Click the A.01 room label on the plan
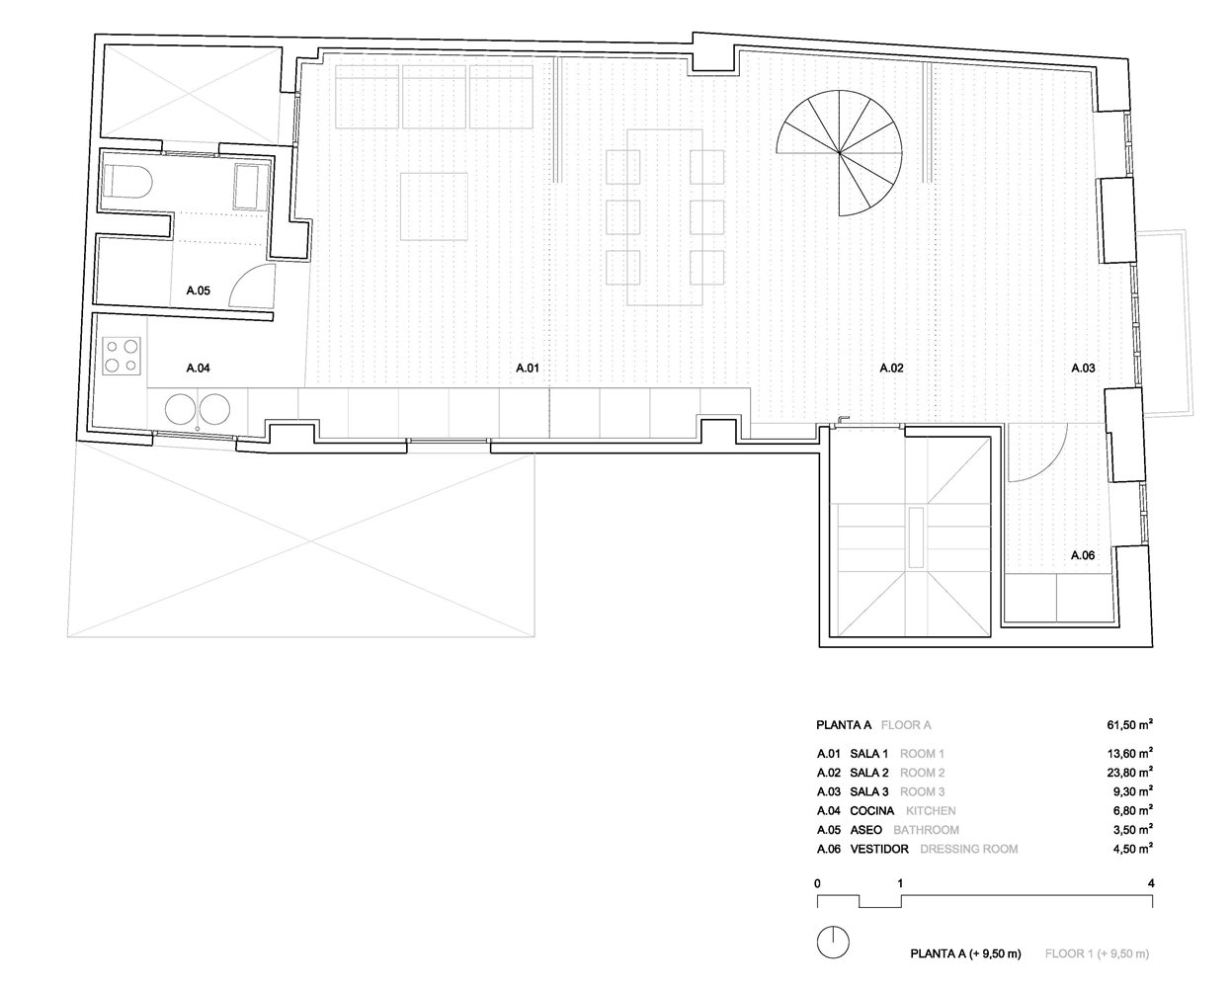(x=528, y=369)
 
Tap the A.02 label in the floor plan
(x=891, y=369)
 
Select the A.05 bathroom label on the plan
(x=198, y=290)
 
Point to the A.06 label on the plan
(x=1083, y=555)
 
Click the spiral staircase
(x=839, y=153)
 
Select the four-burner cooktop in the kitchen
(x=122, y=356)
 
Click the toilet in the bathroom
(x=127, y=182)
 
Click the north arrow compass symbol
(x=833, y=943)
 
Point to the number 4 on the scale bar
(x=1151, y=883)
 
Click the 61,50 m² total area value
(x=1129, y=724)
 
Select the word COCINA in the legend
(x=871, y=810)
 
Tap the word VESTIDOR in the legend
(x=878, y=849)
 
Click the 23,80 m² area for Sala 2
(x=1129, y=773)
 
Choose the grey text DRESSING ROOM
(x=968, y=849)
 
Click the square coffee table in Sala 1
(x=434, y=206)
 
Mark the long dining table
(x=665, y=217)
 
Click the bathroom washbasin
(x=250, y=187)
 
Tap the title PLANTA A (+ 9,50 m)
(x=965, y=953)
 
